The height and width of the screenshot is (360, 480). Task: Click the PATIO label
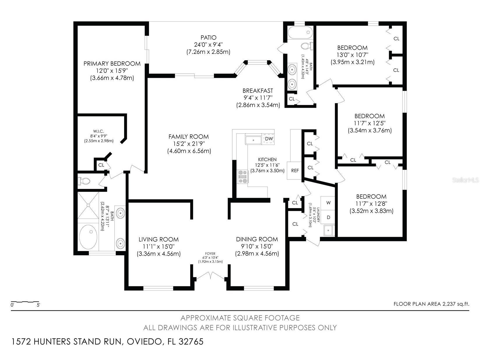[x=208, y=38]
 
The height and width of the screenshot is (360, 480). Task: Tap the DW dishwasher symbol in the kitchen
[x=269, y=139]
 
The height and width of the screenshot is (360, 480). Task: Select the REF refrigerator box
[x=294, y=171]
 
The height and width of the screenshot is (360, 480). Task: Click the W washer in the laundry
[x=328, y=203]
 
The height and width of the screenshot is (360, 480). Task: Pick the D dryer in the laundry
[x=328, y=217]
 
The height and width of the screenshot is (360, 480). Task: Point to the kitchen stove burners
[x=242, y=177]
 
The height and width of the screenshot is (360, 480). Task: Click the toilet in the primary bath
[x=84, y=181]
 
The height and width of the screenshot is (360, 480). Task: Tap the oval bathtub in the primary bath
[x=88, y=237]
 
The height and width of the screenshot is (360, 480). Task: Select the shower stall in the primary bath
[x=88, y=205]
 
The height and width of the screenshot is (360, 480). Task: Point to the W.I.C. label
[x=99, y=131]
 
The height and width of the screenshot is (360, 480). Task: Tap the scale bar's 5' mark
[x=38, y=305]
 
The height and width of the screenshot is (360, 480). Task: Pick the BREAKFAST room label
[x=258, y=91]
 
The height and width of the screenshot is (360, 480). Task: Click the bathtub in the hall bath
[x=300, y=32]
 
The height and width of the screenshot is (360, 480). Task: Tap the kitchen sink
[x=253, y=140]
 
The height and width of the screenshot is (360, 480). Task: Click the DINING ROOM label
[x=257, y=239]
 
